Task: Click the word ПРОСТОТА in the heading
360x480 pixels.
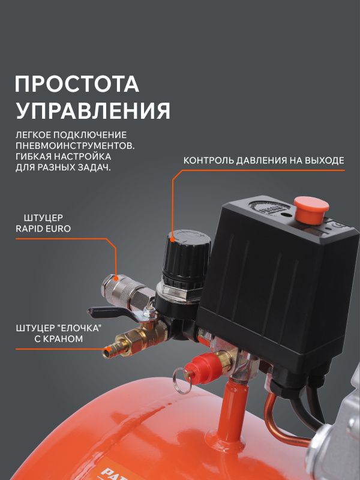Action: point(77,84)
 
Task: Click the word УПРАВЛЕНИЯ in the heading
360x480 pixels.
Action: point(93,110)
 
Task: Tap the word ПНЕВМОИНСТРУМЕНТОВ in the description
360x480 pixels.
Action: point(75,145)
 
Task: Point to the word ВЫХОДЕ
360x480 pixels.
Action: point(328,160)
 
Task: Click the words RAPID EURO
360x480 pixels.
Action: point(43,229)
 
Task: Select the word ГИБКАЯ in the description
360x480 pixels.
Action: point(32,157)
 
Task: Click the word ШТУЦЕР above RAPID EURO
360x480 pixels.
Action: point(43,218)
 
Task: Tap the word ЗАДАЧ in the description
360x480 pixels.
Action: point(95,167)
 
